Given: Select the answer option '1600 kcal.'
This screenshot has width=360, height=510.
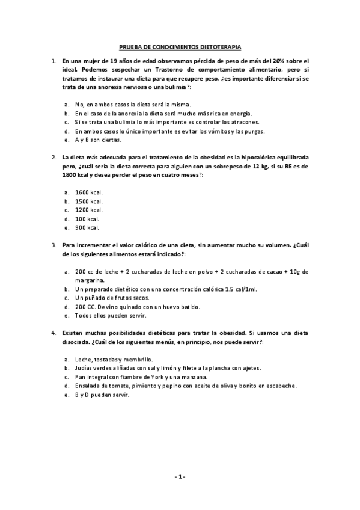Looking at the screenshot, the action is (88, 192).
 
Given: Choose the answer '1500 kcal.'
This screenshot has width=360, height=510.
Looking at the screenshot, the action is (88, 201).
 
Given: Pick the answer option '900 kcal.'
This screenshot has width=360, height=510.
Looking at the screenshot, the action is (87, 228).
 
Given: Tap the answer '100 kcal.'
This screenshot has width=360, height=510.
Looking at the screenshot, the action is (87, 219).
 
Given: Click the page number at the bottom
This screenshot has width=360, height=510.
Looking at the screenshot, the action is (180, 476).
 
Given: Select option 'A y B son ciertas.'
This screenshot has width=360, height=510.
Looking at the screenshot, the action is (99, 140).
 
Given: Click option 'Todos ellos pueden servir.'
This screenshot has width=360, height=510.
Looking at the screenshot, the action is (111, 316).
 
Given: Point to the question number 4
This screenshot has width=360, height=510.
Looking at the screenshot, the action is (54, 333).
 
